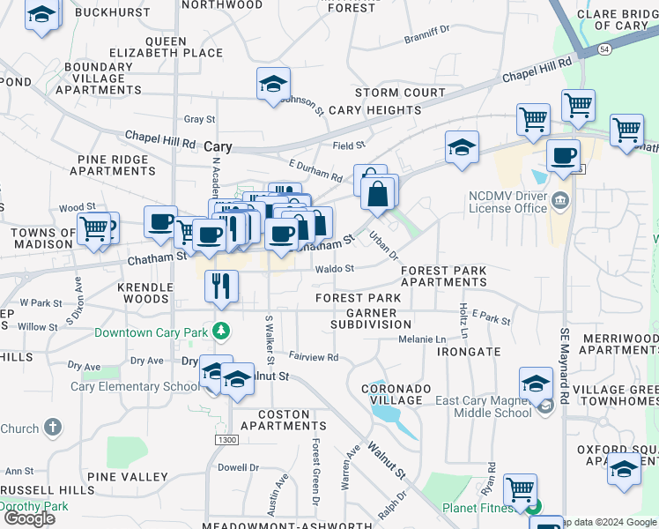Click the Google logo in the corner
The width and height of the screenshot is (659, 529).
tap(29, 518)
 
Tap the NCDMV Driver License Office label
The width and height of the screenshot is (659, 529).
tap(507, 202)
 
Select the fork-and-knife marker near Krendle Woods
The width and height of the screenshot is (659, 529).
tap(220, 286)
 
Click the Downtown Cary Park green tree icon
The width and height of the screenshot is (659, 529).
tap(222, 332)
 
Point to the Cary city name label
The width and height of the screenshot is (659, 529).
tap(218, 148)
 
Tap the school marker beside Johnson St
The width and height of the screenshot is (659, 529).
tap(273, 86)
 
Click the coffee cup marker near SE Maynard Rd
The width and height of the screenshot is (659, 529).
tap(563, 157)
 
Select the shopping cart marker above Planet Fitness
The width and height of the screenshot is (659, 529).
tap(520, 489)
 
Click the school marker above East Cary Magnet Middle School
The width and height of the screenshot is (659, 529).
tap(535, 385)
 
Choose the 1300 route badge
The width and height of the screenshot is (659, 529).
tap(226, 439)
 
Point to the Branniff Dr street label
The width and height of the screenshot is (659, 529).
tap(426, 40)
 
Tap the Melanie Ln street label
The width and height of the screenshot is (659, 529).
tap(422, 339)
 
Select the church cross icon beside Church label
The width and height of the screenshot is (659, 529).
tap(53, 428)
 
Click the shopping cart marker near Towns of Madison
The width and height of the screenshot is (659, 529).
tap(94, 229)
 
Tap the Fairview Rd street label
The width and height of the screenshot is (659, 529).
tap(314, 357)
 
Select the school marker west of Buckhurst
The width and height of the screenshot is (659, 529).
tap(41, 15)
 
